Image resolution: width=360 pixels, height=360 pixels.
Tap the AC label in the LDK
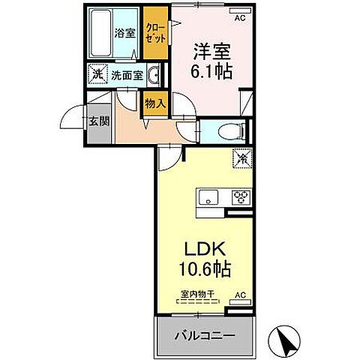point(240,295)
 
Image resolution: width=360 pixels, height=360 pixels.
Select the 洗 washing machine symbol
point(97,75)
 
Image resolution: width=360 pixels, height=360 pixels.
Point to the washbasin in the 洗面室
point(152,76)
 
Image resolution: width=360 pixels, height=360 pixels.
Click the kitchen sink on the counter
point(208,198)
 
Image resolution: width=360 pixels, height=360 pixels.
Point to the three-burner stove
point(241,198)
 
